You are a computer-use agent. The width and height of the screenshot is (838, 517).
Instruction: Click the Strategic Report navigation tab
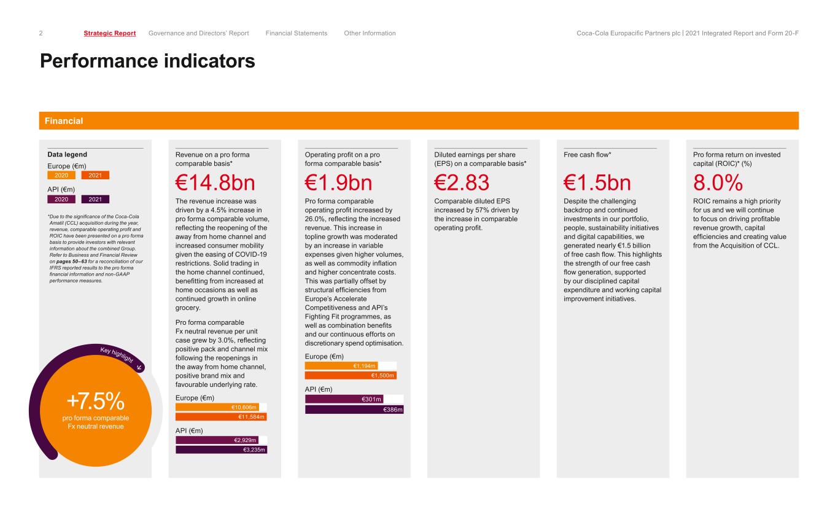[109, 33]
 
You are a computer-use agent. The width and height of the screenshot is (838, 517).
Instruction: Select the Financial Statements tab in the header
[297, 33]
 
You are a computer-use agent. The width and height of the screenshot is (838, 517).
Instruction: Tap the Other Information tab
[370, 33]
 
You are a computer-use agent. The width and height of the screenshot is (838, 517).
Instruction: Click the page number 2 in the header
[41, 33]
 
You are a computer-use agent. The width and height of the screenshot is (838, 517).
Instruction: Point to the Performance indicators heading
[147, 61]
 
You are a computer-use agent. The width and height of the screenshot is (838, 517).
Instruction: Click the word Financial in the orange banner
[64, 121]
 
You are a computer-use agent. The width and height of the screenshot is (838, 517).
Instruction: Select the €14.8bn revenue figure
[215, 183]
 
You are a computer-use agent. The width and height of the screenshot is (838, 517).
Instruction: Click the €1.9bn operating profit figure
[338, 183]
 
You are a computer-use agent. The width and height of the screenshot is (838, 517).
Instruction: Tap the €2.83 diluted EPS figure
[462, 183]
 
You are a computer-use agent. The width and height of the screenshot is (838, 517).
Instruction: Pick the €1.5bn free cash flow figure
[597, 183]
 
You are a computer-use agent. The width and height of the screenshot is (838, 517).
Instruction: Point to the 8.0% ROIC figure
[718, 183]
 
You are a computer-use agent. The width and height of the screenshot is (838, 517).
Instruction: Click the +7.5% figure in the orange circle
[95, 401]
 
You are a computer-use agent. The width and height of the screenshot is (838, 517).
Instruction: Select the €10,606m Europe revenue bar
[217, 407]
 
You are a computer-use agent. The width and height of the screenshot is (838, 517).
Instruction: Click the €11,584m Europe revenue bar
[221, 417]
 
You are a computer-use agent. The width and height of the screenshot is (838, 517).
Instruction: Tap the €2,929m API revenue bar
[217, 440]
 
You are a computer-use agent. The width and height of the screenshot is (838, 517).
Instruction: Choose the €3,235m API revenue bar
[221, 449]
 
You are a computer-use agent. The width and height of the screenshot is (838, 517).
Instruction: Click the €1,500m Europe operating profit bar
[351, 375]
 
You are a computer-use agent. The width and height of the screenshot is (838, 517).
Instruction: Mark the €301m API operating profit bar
[344, 399]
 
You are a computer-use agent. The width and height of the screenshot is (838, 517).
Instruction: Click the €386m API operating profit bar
[354, 410]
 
